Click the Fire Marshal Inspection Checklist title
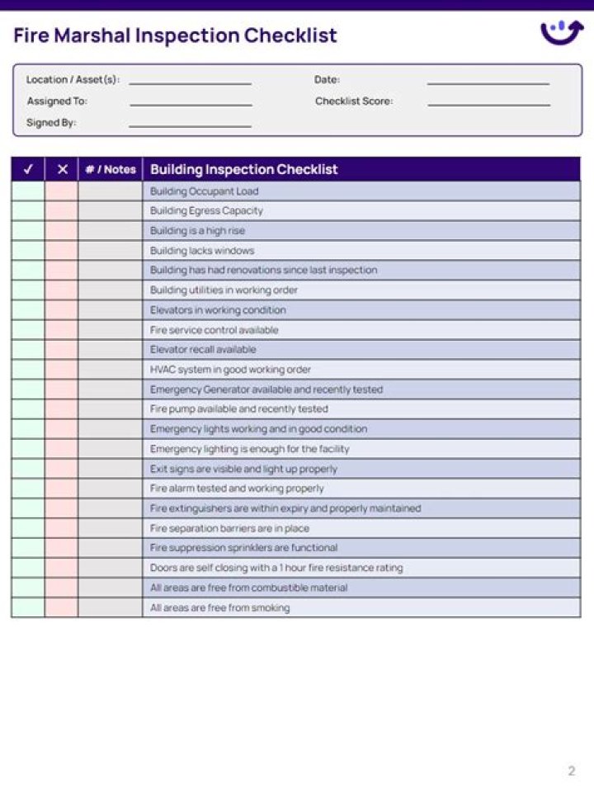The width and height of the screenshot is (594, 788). [175, 35]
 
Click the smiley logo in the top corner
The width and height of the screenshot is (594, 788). [561, 32]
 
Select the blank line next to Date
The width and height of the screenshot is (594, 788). [488, 81]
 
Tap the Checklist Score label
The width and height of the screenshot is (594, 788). [353, 101]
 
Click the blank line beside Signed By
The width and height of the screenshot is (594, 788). [190, 124]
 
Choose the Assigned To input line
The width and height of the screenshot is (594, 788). [190, 102]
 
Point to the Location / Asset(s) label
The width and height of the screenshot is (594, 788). [73, 80]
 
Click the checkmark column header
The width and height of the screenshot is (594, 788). [28, 169]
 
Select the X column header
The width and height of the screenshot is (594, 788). [62, 169]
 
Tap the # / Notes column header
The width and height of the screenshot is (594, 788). [111, 169]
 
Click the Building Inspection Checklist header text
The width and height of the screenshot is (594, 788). [243, 169]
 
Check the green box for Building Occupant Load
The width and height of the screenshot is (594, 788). [28, 191]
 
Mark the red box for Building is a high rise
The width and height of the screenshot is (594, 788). [62, 231]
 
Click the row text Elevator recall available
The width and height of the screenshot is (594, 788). [203, 350]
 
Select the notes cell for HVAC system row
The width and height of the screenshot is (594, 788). [111, 370]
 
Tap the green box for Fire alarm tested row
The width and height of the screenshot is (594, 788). [28, 488]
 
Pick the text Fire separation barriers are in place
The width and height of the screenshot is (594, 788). [229, 528]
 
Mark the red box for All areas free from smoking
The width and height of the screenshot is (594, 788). [62, 607]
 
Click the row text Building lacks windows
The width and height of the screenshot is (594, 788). [202, 251]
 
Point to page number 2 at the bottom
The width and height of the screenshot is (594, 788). [571, 771]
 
